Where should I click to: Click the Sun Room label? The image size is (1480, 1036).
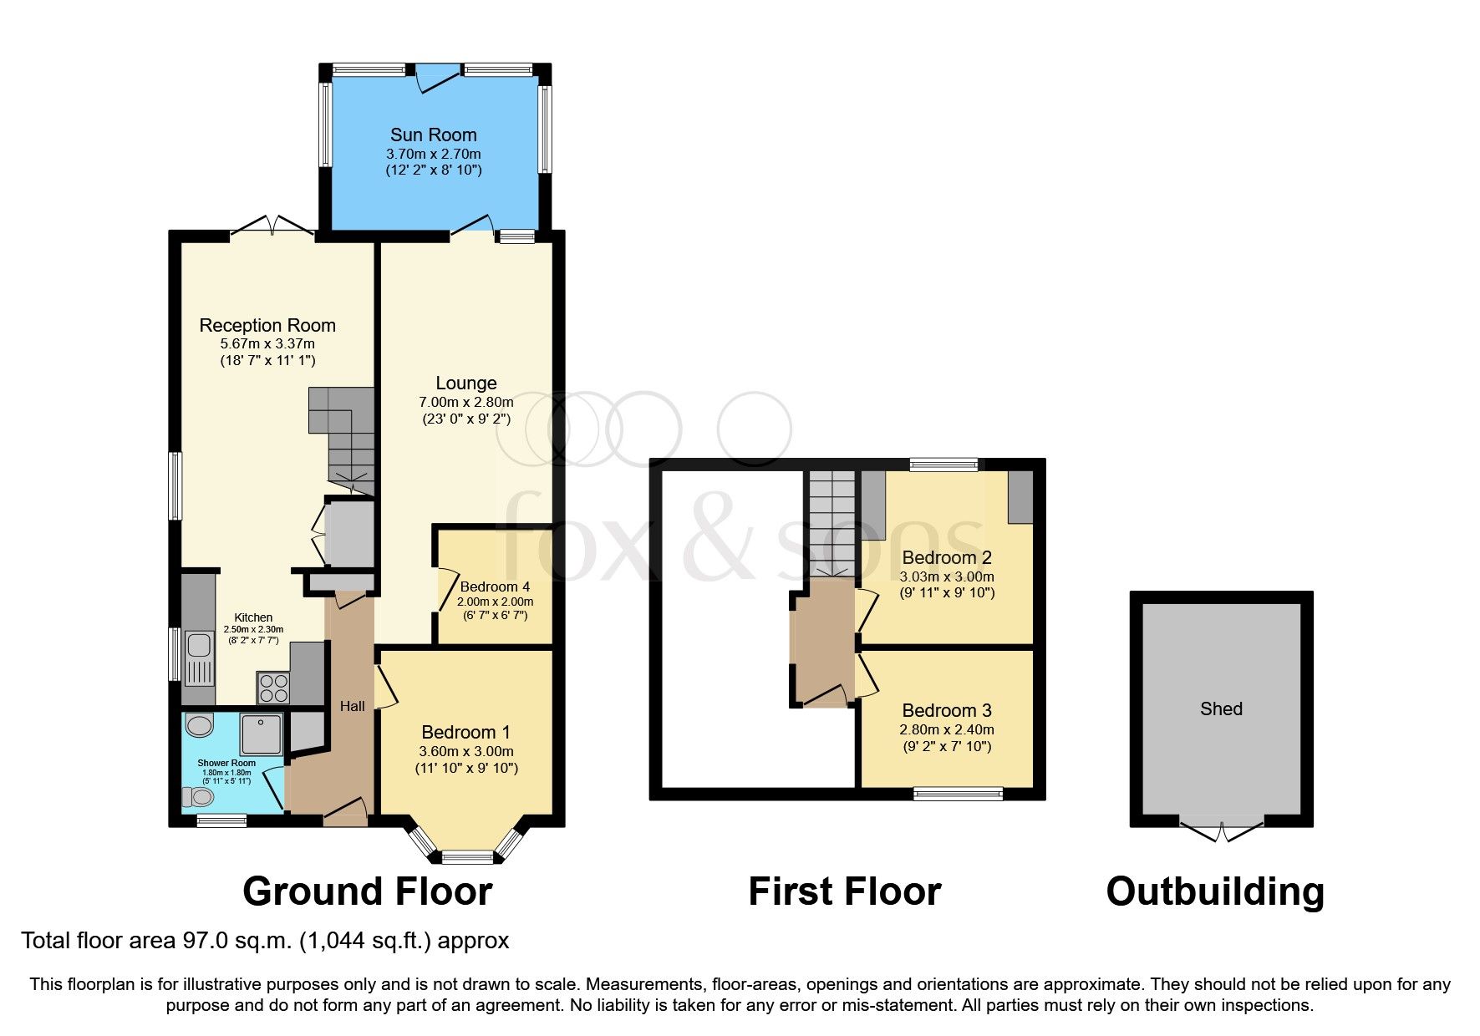click(x=433, y=135)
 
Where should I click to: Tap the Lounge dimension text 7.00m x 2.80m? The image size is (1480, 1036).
click(x=465, y=402)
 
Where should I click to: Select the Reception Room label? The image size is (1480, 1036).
click(x=267, y=325)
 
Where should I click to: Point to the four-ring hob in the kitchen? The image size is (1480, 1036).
click(x=273, y=688)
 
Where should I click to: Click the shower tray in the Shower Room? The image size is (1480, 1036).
click(x=261, y=733)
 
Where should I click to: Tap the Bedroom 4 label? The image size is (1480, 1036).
click(x=495, y=587)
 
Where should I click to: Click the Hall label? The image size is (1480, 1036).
click(x=352, y=706)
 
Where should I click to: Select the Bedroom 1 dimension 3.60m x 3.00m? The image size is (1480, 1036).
click(x=466, y=751)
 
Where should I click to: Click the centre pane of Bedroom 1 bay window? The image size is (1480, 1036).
click(x=467, y=856)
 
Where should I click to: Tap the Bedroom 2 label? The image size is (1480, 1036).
click(x=946, y=557)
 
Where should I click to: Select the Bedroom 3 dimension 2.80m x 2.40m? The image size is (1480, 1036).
click(x=946, y=729)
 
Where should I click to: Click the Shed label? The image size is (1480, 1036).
click(x=1221, y=708)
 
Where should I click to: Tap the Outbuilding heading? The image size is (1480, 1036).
click(x=1214, y=891)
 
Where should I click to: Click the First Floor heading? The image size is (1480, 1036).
click(x=844, y=891)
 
